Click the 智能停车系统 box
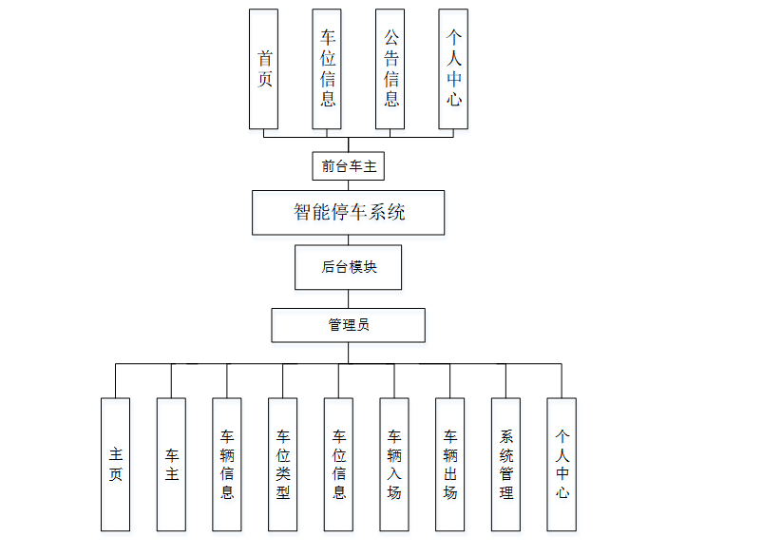pyautogui.click(x=348, y=212)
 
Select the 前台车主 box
pyautogui.click(x=348, y=166)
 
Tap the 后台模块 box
pyautogui.click(x=348, y=267)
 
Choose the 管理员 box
pyautogui.click(x=348, y=325)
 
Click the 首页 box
pyautogui.click(x=263, y=69)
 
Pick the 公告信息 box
pyautogui.click(x=391, y=69)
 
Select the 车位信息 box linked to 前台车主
pyautogui.click(x=327, y=69)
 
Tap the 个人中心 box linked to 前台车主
pyautogui.click(x=454, y=69)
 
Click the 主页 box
pyautogui.click(x=115, y=464)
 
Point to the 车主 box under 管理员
pyautogui.click(x=171, y=464)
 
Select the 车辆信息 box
pyautogui.click(x=227, y=464)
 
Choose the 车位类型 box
pyautogui.click(x=283, y=464)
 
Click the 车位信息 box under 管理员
pyautogui.click(x=338, y=464)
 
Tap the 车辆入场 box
pyautogui.click(x=394, y=464)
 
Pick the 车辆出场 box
pyautogui.click(x=450, y=464)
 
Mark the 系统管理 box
pyautogui.click(x=505, y=464)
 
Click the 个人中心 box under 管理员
pyautogui.click(x=562, y=464)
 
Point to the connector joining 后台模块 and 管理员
pyautogui.click(x=348, y=298)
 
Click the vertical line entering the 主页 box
pyautogui.click(x=115, y=380)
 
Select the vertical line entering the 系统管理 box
pyautogui.click(x=505, y=380)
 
